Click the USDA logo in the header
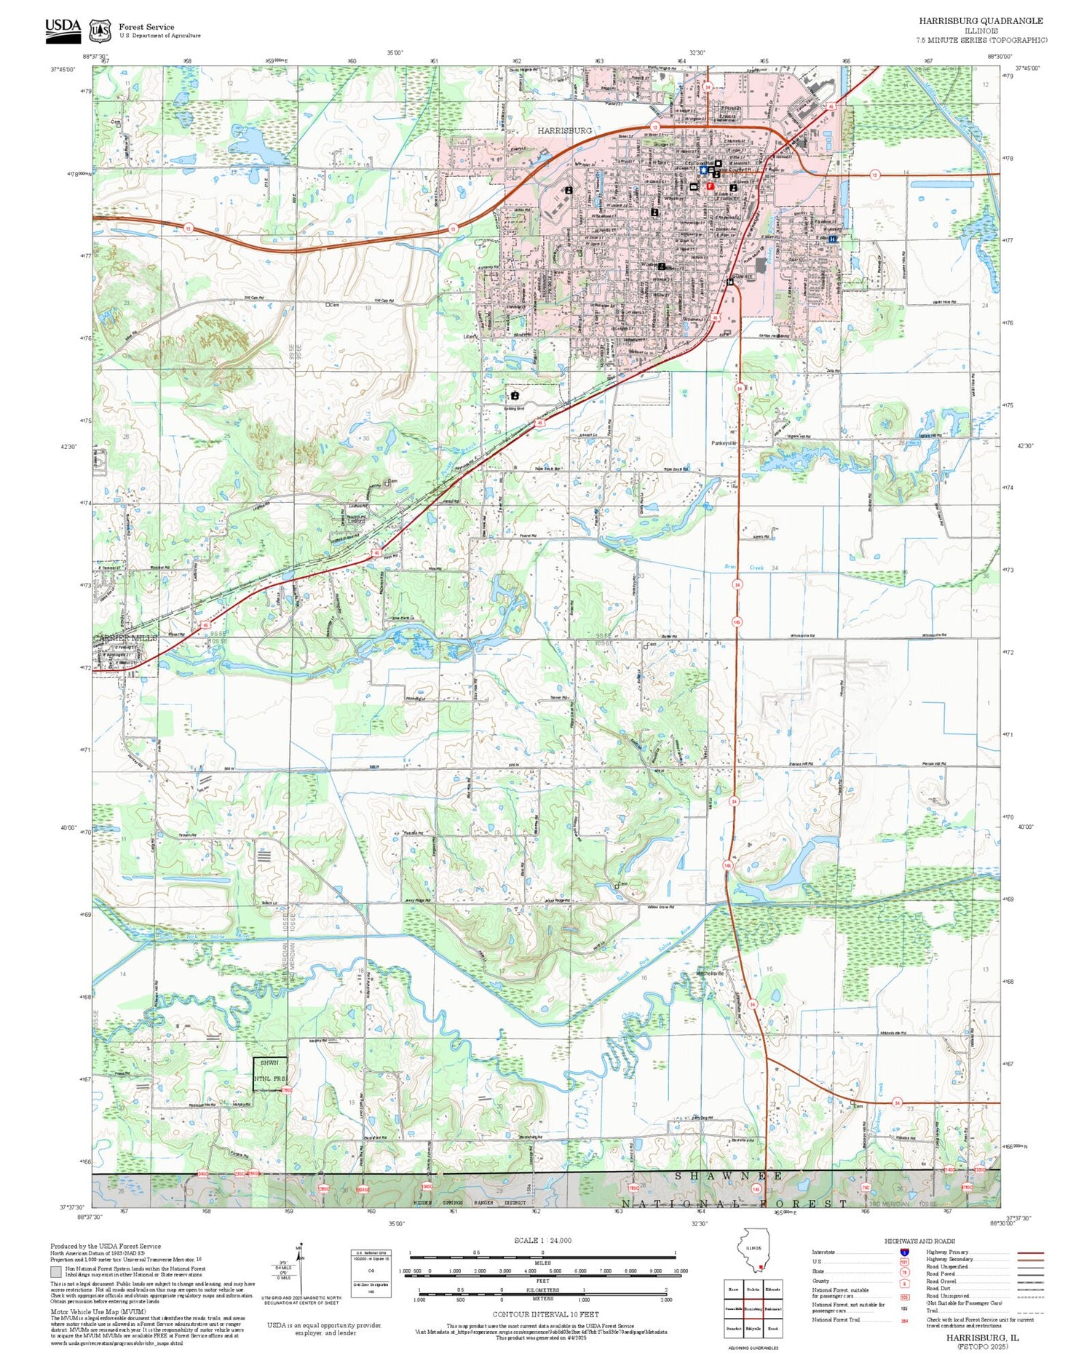click(x=63, y=29)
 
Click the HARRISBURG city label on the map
click(x=564, y=130)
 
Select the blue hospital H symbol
click(x=833, y=238)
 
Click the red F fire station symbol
click(x=710, y=186)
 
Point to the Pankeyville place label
click(x=724, y=442)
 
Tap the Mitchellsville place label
click(x=710, y=973)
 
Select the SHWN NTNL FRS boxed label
click(x=270, y=1073)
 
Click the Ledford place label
click(x=356, y=520)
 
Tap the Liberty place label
click(x=471, y=337)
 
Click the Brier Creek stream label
click(x=742, y=567)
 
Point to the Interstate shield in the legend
click(x=904, y=1252)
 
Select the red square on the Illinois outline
click(x=761, y=1268)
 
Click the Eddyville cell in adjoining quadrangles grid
click(x=753, y=1328)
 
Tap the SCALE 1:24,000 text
click(x=542, y=1240)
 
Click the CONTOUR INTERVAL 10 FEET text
click(x=545, y=1314)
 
